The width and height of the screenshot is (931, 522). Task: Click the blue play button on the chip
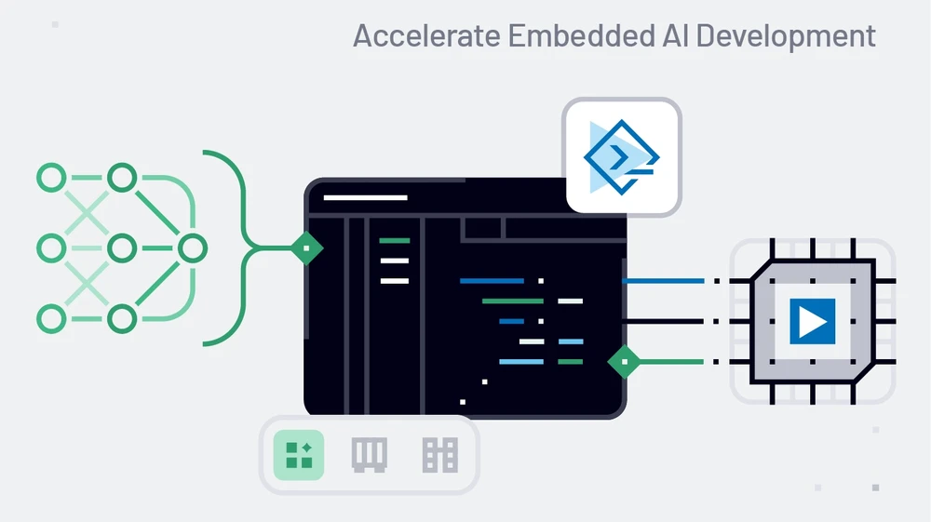(812, 321)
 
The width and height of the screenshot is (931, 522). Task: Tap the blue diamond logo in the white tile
(621, 157)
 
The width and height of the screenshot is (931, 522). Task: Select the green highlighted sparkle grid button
(299, 455)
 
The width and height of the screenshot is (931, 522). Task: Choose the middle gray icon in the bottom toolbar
(370, 455)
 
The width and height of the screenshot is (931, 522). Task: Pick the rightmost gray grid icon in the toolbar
(440, 455)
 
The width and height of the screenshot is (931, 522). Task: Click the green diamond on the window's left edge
(306, 248)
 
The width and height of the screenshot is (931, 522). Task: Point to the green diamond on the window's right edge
(625, 361)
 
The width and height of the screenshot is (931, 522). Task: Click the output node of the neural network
(192, 248)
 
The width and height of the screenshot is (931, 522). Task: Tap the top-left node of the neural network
(51, 178)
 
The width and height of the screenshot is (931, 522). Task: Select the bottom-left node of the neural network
(51, 319)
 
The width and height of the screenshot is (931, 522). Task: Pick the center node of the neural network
(122, 248)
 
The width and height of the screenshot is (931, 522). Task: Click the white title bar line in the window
(365, 197)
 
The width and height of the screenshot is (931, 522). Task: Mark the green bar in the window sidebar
(395, 241)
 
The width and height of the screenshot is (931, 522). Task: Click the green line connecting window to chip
(670, 361)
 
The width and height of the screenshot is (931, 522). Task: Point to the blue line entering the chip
(663, 280)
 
